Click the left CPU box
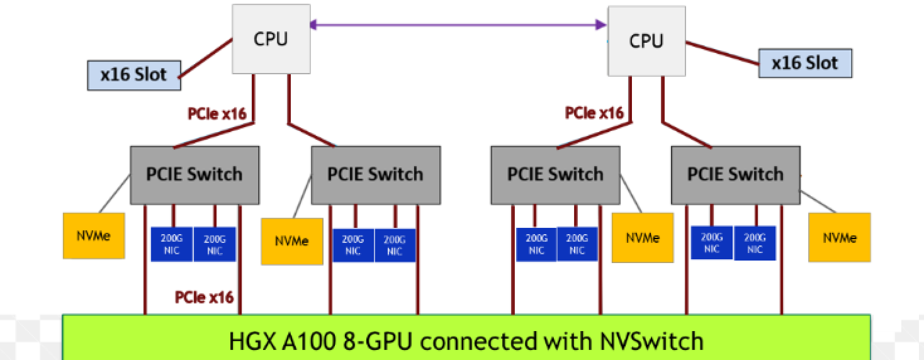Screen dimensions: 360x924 [271, 39]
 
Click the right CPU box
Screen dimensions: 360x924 [646, 41]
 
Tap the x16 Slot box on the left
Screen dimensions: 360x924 [133, 75]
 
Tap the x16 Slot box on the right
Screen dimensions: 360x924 [805, 64]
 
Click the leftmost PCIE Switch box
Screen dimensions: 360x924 [194, 175]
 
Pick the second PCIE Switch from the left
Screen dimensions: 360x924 [376, 175]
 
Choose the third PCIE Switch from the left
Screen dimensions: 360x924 [555, 175]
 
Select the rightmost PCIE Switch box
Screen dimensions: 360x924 [735, 175]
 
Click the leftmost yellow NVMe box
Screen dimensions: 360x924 [94, 235]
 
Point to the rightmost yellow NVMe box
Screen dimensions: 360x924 [840, 237]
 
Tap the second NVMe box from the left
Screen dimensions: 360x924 [292, 241]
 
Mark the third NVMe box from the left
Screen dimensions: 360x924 [642, 237]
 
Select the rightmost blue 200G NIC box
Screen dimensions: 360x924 [754, 242]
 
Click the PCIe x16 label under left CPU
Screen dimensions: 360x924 [217, 114]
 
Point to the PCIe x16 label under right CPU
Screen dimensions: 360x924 [594, 113]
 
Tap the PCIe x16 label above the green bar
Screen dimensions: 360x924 [204, 296]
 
